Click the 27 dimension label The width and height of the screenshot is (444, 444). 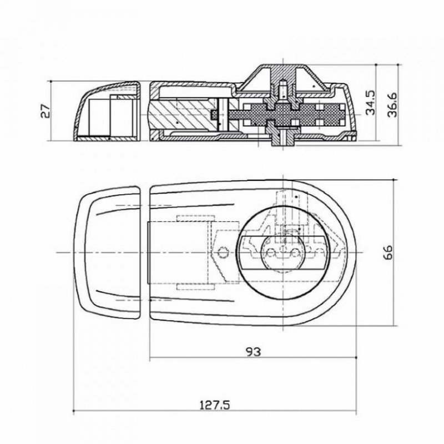point(46,110)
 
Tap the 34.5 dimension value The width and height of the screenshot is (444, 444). point(370,103)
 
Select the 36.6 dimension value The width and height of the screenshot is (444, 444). point(393,104)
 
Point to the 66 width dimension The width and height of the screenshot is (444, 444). point(387,252)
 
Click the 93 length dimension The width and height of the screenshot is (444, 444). point(254,352)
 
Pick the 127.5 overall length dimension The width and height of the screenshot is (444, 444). point(215,405)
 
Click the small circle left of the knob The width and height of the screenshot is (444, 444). point(223,252)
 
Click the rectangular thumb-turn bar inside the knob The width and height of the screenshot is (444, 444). point(283,252)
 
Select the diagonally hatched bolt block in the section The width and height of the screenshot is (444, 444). point(183,115)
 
